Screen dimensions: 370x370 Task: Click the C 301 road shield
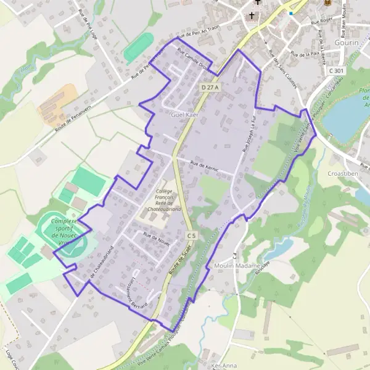pos(337,71)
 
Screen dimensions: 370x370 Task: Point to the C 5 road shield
pos(191,236)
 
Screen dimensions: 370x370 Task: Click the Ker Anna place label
pos(224,366)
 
